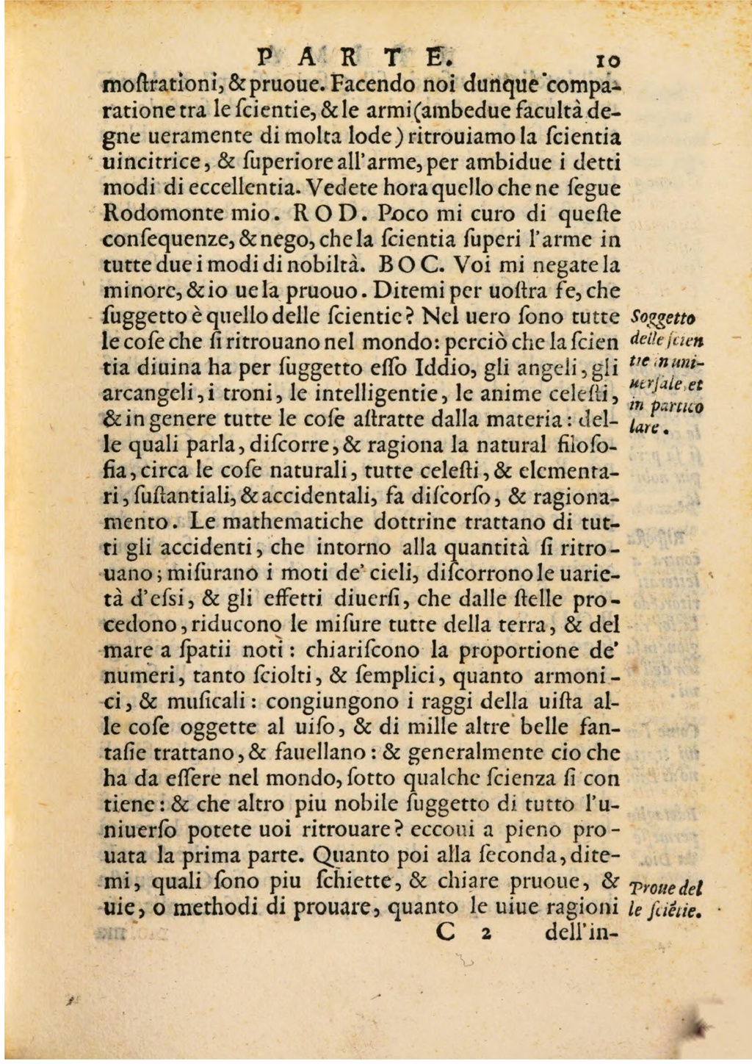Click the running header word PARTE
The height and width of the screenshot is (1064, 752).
[352, 57]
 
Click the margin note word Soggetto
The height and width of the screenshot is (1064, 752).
[664, 317]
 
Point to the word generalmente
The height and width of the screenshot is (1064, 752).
[470, 752]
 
